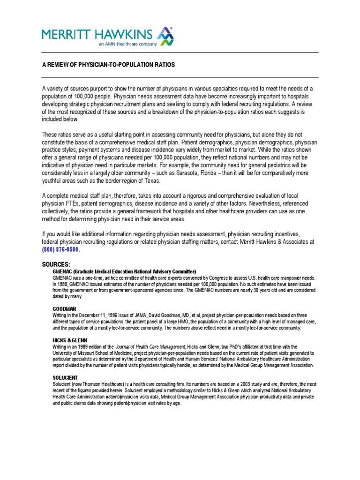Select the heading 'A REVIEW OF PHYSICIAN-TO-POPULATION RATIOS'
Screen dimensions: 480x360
click(x=108, y=64)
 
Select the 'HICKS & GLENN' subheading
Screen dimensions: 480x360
click(x=70, y=340)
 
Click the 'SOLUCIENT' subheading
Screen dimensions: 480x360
click(x=65, y=377)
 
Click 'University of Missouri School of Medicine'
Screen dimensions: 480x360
click(x=96, y=352)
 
